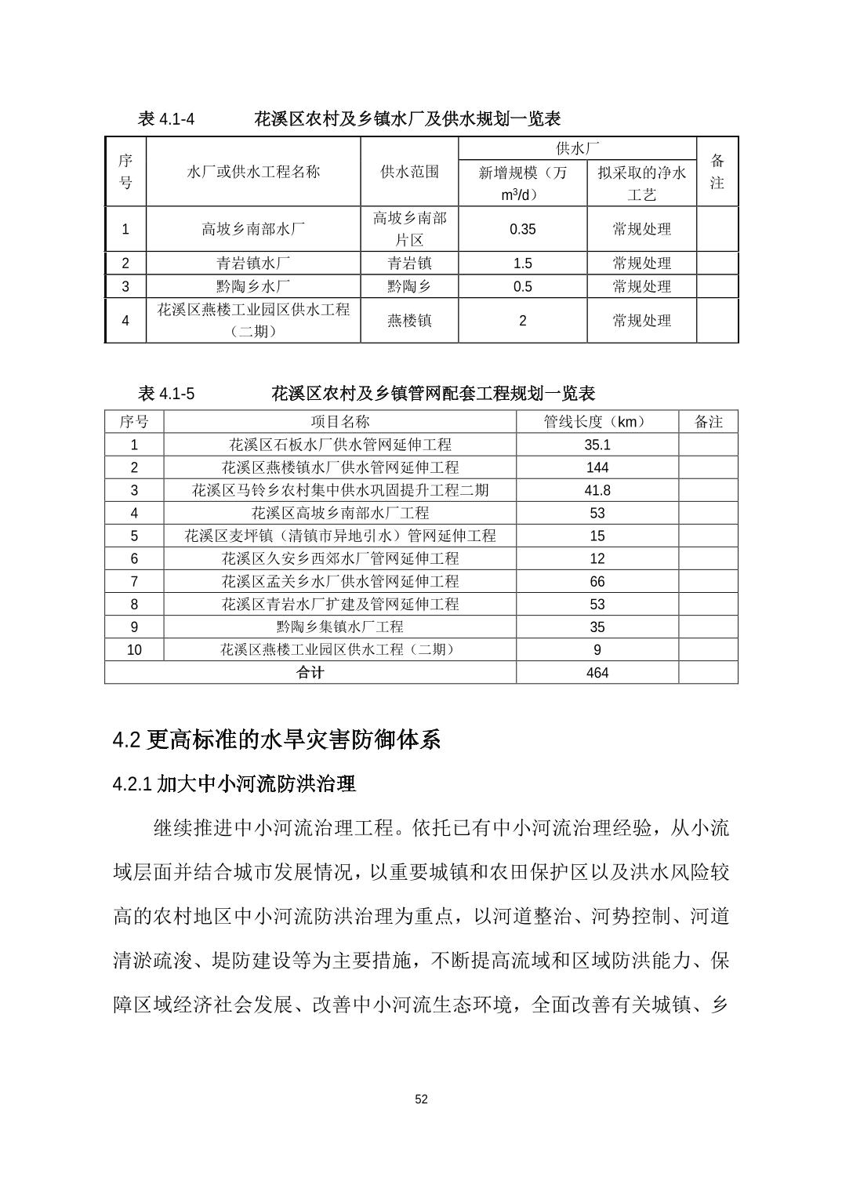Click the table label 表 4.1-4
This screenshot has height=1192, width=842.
tap(165, 119)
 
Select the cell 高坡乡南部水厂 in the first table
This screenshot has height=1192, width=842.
tap(253, 229)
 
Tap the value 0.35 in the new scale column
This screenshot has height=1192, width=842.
tap(522, 229)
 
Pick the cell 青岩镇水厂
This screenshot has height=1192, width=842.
tap(253, 263)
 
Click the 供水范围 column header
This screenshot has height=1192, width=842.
tap(409, 172)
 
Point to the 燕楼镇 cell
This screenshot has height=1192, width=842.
tap(409, 320)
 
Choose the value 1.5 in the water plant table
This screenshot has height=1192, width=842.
tap(522, 263)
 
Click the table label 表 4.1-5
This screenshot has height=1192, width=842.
tap(165, 394)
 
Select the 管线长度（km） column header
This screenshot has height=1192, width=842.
tap(597, 422)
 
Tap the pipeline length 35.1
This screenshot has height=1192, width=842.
tap(597, 445)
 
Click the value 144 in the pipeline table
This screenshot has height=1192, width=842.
tap(597, 467)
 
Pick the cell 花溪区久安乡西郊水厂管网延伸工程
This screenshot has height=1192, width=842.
tap(340, 558)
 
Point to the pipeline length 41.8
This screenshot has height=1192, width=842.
tap(597, 490)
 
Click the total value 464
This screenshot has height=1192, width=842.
tap(597, 673)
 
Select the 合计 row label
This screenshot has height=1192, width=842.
tap(310, 673)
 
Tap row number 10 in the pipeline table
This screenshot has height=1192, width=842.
tap(134, 650)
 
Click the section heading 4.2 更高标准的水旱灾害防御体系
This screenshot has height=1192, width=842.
tap(277, 740)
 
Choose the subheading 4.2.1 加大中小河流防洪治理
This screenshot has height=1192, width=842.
tap(234, 783)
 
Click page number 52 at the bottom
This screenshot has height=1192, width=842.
tap(421, 1099)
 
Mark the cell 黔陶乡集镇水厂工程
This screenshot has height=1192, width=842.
tap(340, 627)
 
